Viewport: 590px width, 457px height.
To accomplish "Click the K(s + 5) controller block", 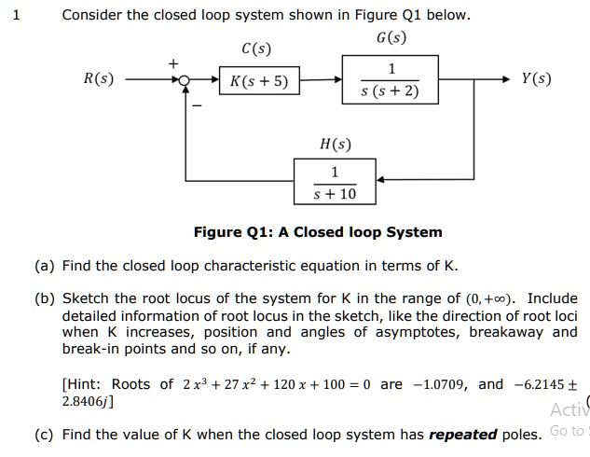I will tap(259, 82).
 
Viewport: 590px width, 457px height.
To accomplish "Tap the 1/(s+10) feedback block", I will tap(335, 182).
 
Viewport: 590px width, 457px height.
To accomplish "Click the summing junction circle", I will tap(186, 82).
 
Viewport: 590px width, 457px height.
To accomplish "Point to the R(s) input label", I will tap(98, 79).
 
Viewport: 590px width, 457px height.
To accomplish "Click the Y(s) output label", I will tap(536, 79).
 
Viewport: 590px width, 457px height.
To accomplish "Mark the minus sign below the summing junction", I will tap(197, 104).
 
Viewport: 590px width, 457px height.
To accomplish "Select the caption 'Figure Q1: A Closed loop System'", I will tap(318, 232).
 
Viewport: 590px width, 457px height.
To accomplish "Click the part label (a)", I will tap(44, 266).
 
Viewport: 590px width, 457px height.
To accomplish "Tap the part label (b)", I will tap(44, 299).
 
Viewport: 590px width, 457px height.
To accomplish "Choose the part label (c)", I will tap(44, 434).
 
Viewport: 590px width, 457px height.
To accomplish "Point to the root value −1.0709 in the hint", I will tap(438, 384).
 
